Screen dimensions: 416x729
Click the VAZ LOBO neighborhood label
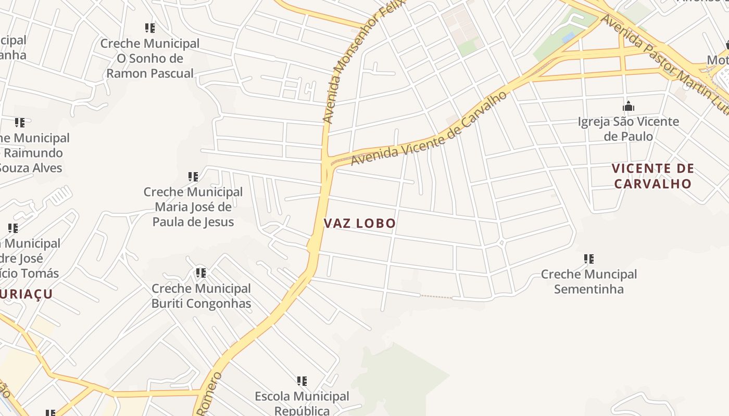pos(360,224)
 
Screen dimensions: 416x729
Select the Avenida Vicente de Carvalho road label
pos(429,130)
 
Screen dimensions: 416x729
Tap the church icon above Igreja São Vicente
pos(629,107)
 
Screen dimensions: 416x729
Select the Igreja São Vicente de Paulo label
pos(629,129)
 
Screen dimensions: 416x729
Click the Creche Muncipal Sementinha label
pos(589,281)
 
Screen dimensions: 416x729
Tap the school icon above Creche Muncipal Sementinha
pos(589,258)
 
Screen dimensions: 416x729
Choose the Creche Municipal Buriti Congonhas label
pos(202,296)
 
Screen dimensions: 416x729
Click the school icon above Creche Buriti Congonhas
pos(201,272)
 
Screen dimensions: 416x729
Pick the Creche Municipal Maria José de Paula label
pos(193,207)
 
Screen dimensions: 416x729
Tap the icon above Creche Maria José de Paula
pos(193,177)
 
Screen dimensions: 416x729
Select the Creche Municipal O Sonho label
pos(150,58)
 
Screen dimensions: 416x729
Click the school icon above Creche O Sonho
pos(150,28)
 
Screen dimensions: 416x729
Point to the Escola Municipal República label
pos(302,404)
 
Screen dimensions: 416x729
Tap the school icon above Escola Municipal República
pos(302,381)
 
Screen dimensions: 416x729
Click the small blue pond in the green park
pos(569,37)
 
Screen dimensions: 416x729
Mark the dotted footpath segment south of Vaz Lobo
pos(436,296)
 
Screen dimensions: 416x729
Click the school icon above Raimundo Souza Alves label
pos(20,123)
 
